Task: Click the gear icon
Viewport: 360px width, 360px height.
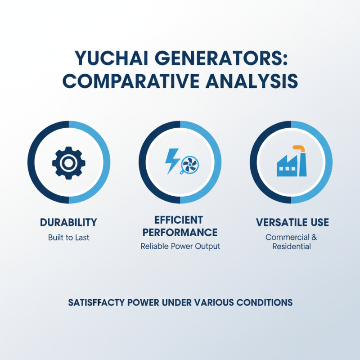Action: point(68,162)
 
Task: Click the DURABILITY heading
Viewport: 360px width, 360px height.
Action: point(68,222)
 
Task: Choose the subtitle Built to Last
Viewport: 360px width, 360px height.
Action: point(68,237)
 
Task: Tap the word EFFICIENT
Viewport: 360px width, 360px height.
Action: point(179,220)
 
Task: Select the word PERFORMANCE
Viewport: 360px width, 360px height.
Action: point(180,233)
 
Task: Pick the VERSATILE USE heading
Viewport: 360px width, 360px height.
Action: point(292,222)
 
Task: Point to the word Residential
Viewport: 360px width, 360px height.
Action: point(292,247)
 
